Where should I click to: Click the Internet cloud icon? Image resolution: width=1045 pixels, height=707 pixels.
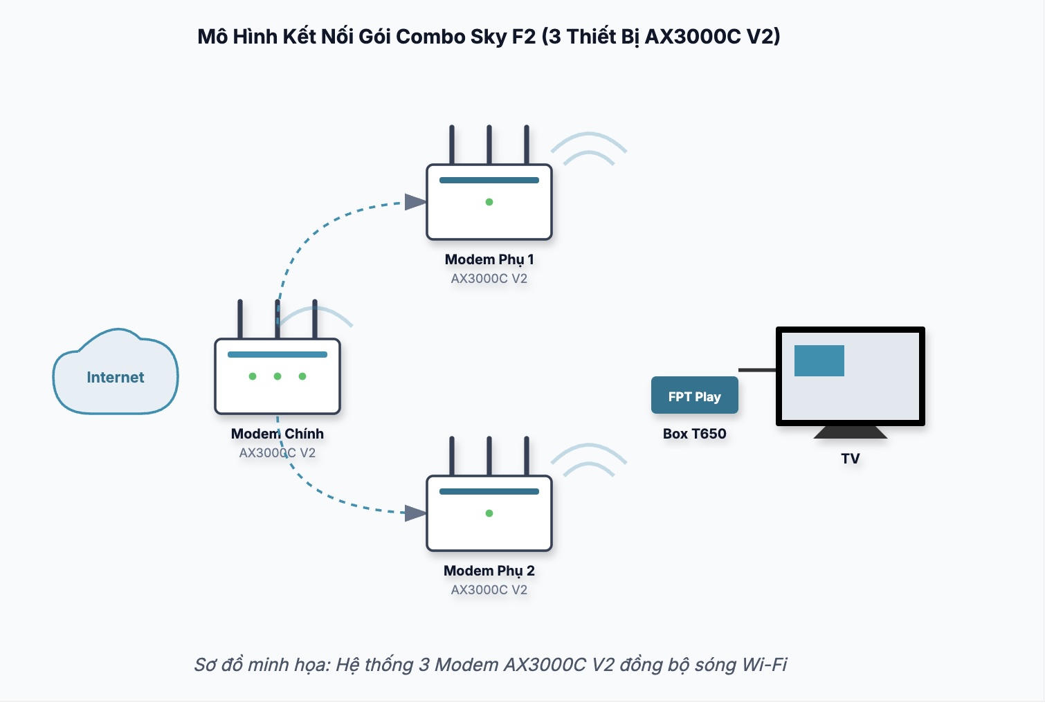(116, 374)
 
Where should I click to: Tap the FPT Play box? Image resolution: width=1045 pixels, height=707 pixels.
(694, 396)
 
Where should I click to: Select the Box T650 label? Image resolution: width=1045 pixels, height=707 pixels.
(694, 434)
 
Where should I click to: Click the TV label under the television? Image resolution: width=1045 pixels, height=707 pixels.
(850, 458)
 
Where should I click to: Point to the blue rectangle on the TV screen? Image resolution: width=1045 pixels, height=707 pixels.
(819, 360)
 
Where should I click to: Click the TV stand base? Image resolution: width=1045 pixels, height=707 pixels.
(850, 432)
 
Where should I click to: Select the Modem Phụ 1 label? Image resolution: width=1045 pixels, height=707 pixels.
(489, 259)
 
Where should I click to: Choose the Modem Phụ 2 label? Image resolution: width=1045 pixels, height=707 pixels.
(489, 571)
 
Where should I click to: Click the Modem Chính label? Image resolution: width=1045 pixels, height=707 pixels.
(277, 434)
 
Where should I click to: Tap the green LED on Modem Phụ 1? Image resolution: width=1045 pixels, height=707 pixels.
(489, 202)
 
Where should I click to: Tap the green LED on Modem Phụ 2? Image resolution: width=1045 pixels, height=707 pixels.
(489, 513)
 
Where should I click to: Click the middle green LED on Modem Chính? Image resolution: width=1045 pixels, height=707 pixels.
(278, 376)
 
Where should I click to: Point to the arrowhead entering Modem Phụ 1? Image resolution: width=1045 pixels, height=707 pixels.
(415, 202)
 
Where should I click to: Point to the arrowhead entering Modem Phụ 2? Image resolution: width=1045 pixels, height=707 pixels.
(415, 513)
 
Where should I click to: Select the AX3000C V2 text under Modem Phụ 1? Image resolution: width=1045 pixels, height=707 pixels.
(489, 279)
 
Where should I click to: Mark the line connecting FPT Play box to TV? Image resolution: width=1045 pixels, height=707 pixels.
(757, 370)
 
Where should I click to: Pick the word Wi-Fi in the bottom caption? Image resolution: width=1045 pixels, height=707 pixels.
(764, 665)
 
